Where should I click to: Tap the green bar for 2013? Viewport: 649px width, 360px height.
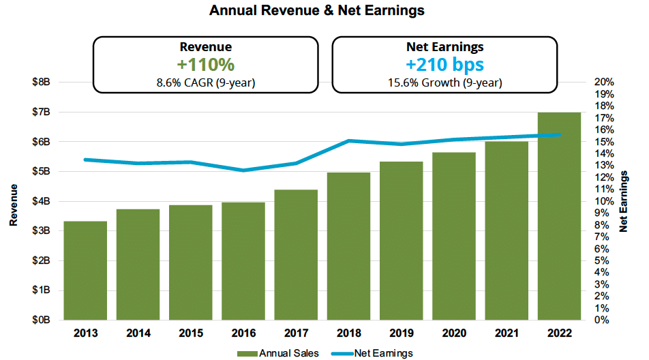[85, 270]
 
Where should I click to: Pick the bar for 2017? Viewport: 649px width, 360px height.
[297, 254]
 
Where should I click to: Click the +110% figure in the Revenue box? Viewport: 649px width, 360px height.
[205, 65]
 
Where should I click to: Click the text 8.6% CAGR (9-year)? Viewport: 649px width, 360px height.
[205, 83]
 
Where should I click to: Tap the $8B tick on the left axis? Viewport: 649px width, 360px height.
[42, 82]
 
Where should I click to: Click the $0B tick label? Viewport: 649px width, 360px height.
[42, 320]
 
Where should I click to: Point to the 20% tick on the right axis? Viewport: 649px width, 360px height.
[605, 82]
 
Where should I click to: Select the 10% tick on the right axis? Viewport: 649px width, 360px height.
[605, 201]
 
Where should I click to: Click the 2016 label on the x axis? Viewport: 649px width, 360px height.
[243, 333]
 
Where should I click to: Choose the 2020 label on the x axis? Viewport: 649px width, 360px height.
[454, 333]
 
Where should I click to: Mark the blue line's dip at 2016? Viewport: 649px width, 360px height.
[243, 170]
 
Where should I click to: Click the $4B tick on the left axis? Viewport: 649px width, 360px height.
[42, 201]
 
